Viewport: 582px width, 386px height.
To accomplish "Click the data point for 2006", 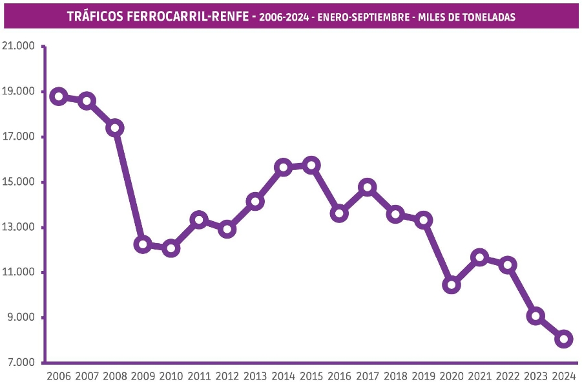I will pyautogui.click(x=59, y=96).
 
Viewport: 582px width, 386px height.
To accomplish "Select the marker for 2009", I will pyautogui.click(x=143, y=244).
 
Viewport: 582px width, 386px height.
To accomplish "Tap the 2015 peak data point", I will pyautogui.click(x=311, y=165).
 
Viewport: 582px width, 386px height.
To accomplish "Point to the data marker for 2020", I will pyautogui.click(x=452, y=284).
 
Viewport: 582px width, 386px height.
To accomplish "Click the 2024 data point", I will pyautogui.click(x=564, y=339).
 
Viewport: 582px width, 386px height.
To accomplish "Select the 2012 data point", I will pyautogui.click(x=227, y=229).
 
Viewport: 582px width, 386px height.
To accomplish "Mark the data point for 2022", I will pyautogui.click(x=508, y=264).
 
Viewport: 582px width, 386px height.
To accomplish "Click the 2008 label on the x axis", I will pyautogui.click(x=115, y=376).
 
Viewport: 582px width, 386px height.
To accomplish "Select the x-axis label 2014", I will pyautogui.click(x=283, y=376).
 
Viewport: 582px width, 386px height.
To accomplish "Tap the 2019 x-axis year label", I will pyautogui.click(x=423, y=376).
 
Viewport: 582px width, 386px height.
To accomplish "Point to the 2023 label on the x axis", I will pyautogui.click(x=535, y=376).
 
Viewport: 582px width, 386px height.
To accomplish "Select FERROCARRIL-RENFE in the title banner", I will pyautogui.click(x=188, y=17).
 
